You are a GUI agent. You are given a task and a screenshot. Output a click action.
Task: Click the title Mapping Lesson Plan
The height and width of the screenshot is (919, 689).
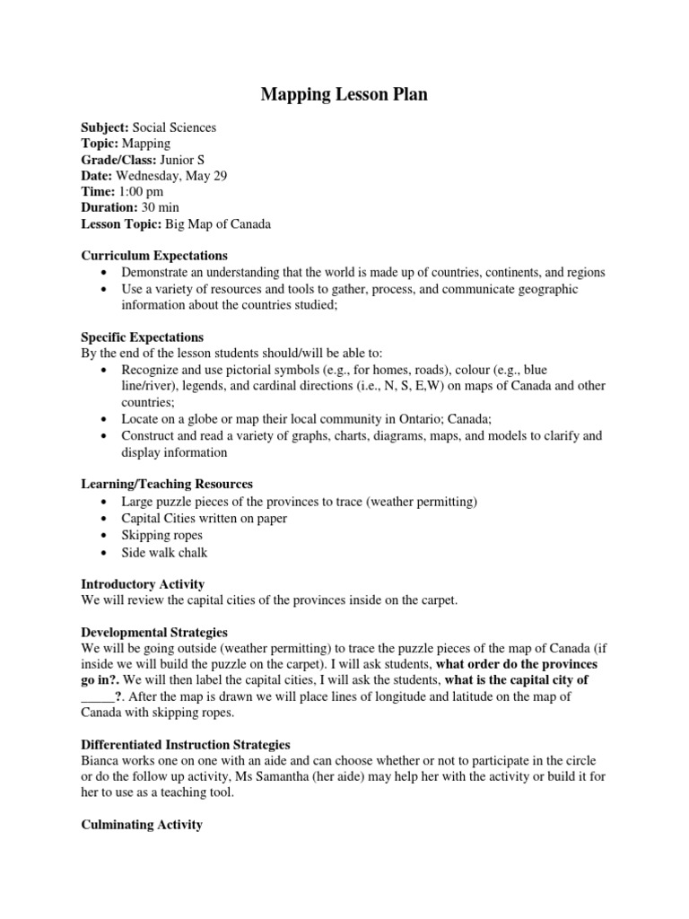click(344, 94)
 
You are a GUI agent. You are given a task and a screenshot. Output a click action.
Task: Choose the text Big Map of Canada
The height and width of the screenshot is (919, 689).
click(218, 224)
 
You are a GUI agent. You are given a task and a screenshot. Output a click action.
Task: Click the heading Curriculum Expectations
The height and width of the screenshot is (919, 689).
click(154, 256)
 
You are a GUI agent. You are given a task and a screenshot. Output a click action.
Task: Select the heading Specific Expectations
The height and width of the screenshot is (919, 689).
click(143, 337)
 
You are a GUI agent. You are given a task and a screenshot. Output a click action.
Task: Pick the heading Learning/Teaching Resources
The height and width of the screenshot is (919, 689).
click(167, 484)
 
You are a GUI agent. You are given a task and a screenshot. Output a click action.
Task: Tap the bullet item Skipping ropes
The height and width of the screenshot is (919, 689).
click(162, 535)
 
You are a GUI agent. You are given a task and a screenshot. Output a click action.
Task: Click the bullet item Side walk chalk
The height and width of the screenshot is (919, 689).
click(165, 552)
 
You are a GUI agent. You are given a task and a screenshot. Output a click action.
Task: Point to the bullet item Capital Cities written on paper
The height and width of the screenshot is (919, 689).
click(205, 518)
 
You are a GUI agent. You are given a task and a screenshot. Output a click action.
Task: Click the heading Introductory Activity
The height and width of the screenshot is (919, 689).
click(143, 583)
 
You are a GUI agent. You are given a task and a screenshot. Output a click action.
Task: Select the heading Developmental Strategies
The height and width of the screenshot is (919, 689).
click(154, 632)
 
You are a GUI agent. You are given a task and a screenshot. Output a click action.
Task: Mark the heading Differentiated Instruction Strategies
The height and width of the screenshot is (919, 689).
click(186, 745)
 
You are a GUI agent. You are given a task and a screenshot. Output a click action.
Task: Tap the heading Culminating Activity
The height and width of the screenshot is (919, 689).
click(142, 825)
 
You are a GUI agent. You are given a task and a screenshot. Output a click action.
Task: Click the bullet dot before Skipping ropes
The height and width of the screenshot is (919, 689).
click(106, 535)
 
